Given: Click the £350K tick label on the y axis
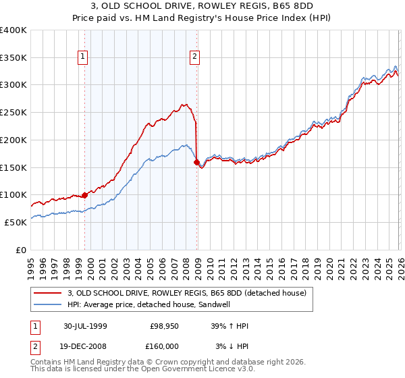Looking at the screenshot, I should coord(13,58).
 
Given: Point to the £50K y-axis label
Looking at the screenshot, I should coord(16,222).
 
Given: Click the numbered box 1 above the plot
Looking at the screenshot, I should coord(82,57).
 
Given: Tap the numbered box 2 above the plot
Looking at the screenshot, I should coord(194,57).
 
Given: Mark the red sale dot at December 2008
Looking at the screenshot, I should coord(196,162).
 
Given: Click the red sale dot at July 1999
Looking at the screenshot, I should coord(85,195).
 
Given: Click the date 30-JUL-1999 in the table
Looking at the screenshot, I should coord(85,326).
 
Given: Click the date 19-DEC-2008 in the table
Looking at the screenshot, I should coord(85,346).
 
